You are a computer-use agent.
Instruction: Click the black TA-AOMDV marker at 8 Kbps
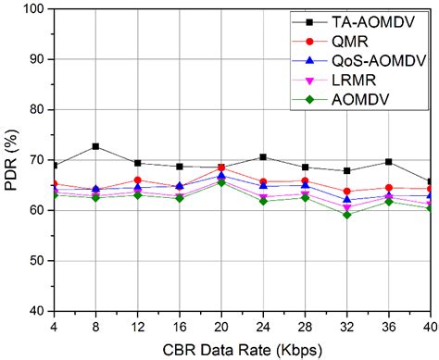click(95, 146)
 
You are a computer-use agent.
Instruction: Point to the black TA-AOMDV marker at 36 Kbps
click(389, 162)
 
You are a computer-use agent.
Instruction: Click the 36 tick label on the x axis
click(389, 327)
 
